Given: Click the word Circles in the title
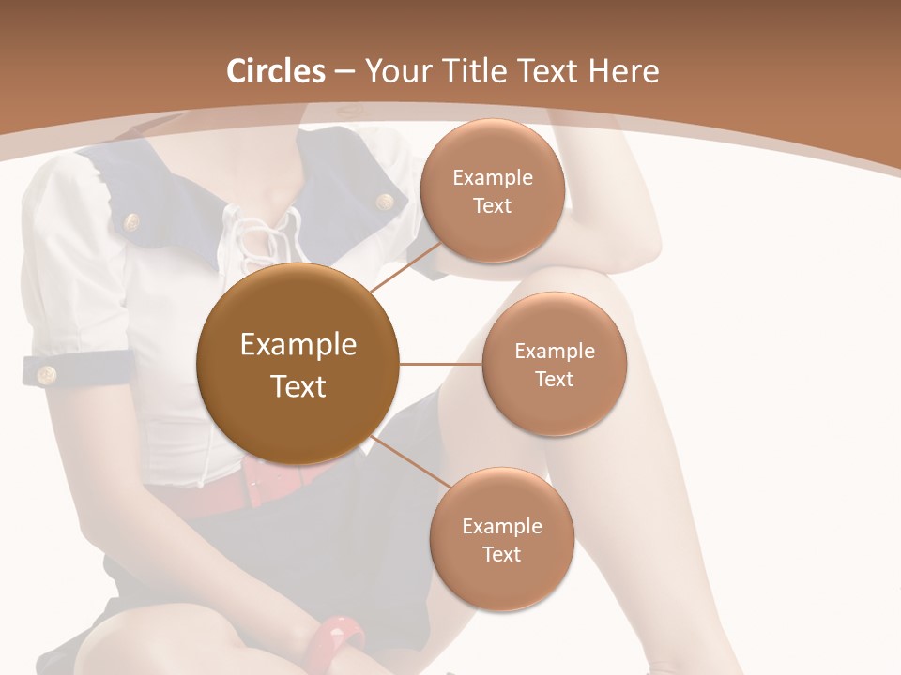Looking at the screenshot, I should click(275, 71).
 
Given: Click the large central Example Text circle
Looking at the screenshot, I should click(298, 365).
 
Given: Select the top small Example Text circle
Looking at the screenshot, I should click(492, 190).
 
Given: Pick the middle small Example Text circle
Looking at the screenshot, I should click(554, 364).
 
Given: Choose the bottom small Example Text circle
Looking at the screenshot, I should click(501, 539).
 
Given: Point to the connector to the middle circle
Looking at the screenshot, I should click(441, 365).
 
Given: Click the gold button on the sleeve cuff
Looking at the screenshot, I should click(45, 375).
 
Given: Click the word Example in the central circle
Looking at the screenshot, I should click(298, 345).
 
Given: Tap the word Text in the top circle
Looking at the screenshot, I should click(492, 205).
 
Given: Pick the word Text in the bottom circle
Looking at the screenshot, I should click(501, 554).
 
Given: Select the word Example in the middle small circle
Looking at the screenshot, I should click(554, 351).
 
